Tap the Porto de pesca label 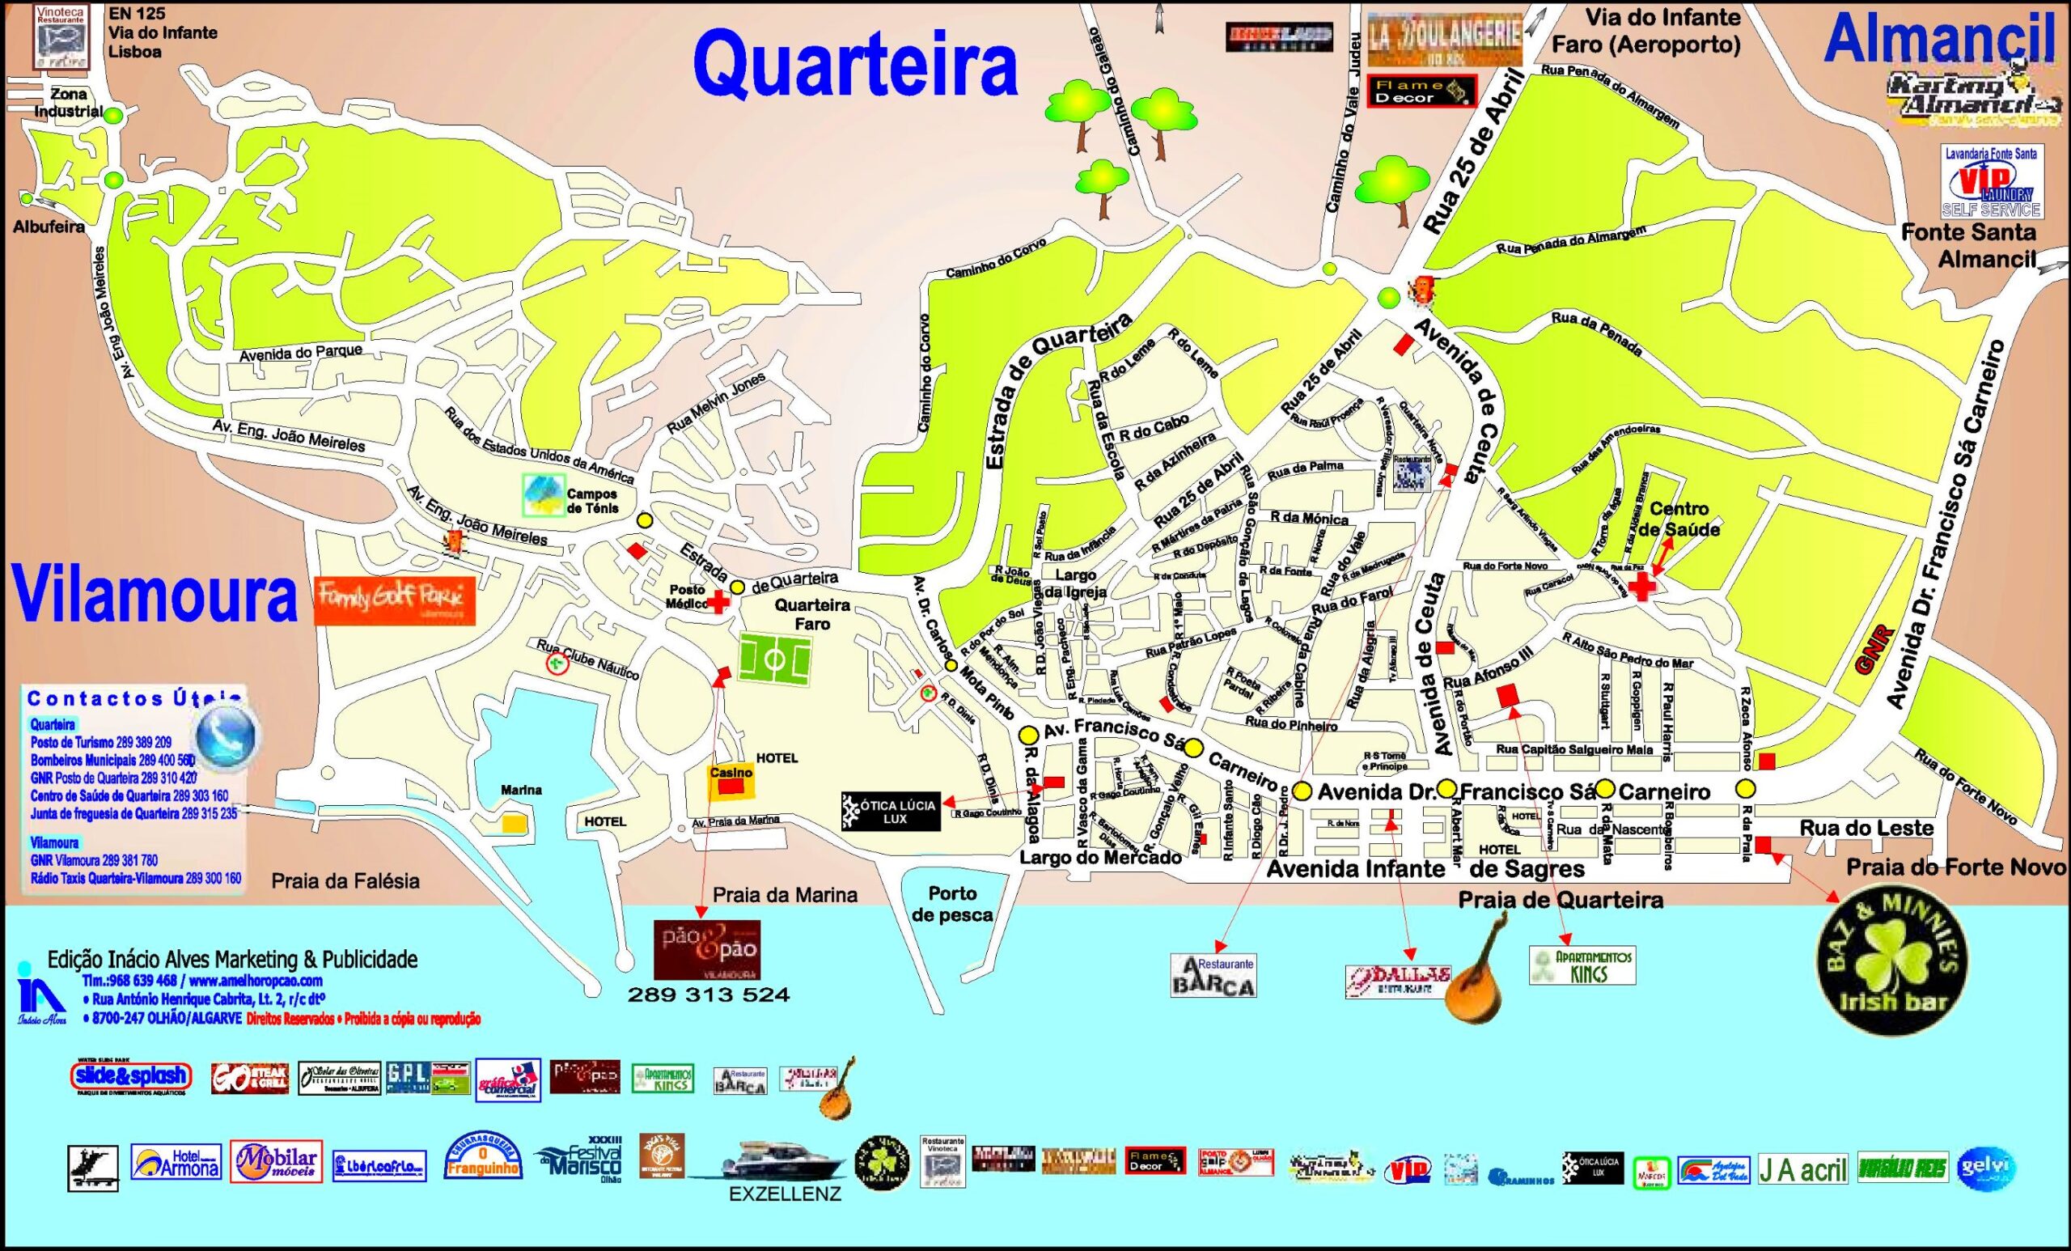tap(952, 904)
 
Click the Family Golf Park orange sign tap(394, 600)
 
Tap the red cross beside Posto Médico tap(718, 602)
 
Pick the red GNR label tap(1862, 648)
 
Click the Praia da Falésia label tap(345, 881)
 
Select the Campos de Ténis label tap(591, 501)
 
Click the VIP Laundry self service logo tap(1990, 181)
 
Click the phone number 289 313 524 tap(709, 995)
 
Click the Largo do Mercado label tap(1100, 858)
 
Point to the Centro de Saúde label tap(1679, 519)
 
